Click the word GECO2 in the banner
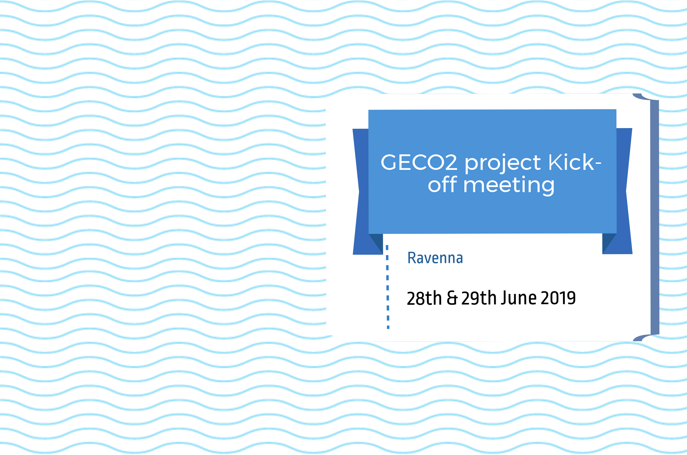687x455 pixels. pos(419,162)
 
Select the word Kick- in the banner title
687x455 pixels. pos(575,162)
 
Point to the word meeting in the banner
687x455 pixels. pos(509,186)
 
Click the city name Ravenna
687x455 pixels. pos(435,258)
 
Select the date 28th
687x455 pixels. pos(424,298)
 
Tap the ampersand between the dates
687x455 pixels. pos(452,298)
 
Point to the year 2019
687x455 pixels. pos(558,298)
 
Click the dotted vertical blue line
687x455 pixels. pos(388,286)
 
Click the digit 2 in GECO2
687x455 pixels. pos(450,162)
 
